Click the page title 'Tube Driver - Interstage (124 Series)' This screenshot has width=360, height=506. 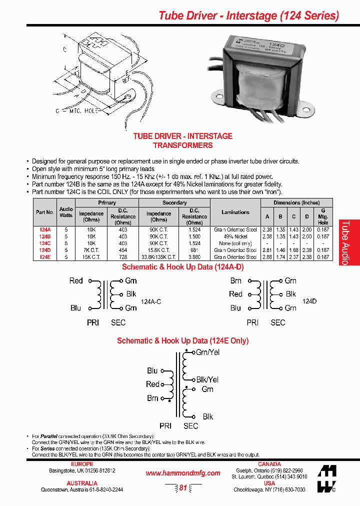click(248, 15)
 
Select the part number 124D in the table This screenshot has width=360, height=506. click(45, 249)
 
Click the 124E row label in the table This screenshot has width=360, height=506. click(45, 256)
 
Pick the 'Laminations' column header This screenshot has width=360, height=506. click(235, 212)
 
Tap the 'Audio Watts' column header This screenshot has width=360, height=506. click(66, 212)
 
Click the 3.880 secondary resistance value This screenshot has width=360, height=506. click(194, 256)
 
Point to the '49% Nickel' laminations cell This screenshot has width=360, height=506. click(235, 236)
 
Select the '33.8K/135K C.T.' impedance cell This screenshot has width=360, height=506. click(158, 256)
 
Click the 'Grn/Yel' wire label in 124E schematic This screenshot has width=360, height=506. click(208, 352)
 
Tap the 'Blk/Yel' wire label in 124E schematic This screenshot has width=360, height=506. click(207, 379)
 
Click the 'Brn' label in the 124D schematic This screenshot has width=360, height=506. click(235, 281)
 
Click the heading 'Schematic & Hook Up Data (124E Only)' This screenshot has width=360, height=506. click(182, 340)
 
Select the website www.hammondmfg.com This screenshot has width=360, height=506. click(182, 473)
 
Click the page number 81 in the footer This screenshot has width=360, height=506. click(183, 487)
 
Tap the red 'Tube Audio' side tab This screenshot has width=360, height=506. click(349, 242)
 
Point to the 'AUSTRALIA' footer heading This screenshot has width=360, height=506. click(82, 483)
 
